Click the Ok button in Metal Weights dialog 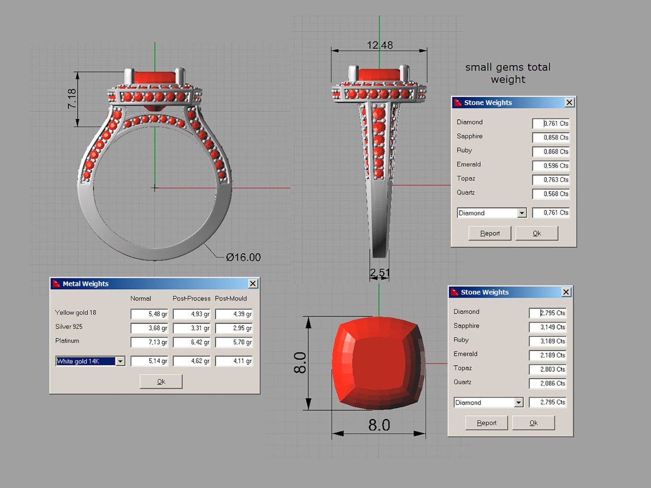coord(161,381)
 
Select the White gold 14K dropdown coord(90,361)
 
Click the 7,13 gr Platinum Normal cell coord(149,342)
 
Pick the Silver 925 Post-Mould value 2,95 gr coord(234,328)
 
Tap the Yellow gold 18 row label coord(76,313)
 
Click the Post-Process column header coord(191,299)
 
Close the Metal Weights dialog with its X coord(253,283)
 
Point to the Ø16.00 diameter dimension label coord(243,257)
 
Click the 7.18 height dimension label coord(72,99)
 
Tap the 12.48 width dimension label coord(380,45)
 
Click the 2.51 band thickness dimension coord(379,273)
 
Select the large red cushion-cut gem coord(379,363)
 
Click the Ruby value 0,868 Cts coord(551,151)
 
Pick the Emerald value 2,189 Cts coord(547,355)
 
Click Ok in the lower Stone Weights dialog coord(533,423)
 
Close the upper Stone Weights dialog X coord(570,103)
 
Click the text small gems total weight coord(508,73)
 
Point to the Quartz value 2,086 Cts coord(547,383)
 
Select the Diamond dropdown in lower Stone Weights coord(489,402)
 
